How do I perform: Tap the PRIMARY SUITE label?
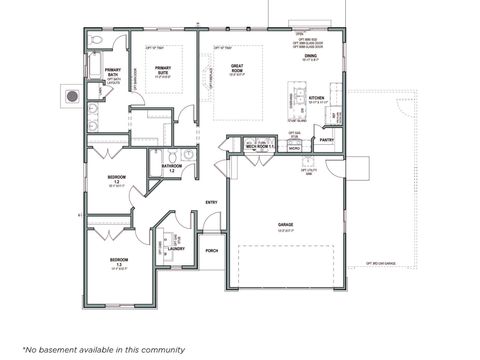pyautogui.click(x=163, y=72)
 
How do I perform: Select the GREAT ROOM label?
pyautogui.click(x=238, y=72)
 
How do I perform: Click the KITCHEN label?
pyautogui.click(x=317, y=99)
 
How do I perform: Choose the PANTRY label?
pyautogui.click(x=327, y=140)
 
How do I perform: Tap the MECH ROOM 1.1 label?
pyautogui.click(x=246, y=147)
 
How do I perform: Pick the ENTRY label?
pyautogui.click(x=212, y=203)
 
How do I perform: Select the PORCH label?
pyautogui.click(x=212, y=250)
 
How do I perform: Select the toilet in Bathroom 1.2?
pyautogui.click(x=172, y=156)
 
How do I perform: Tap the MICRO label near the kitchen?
pyautogui.click(x=295, y=159)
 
